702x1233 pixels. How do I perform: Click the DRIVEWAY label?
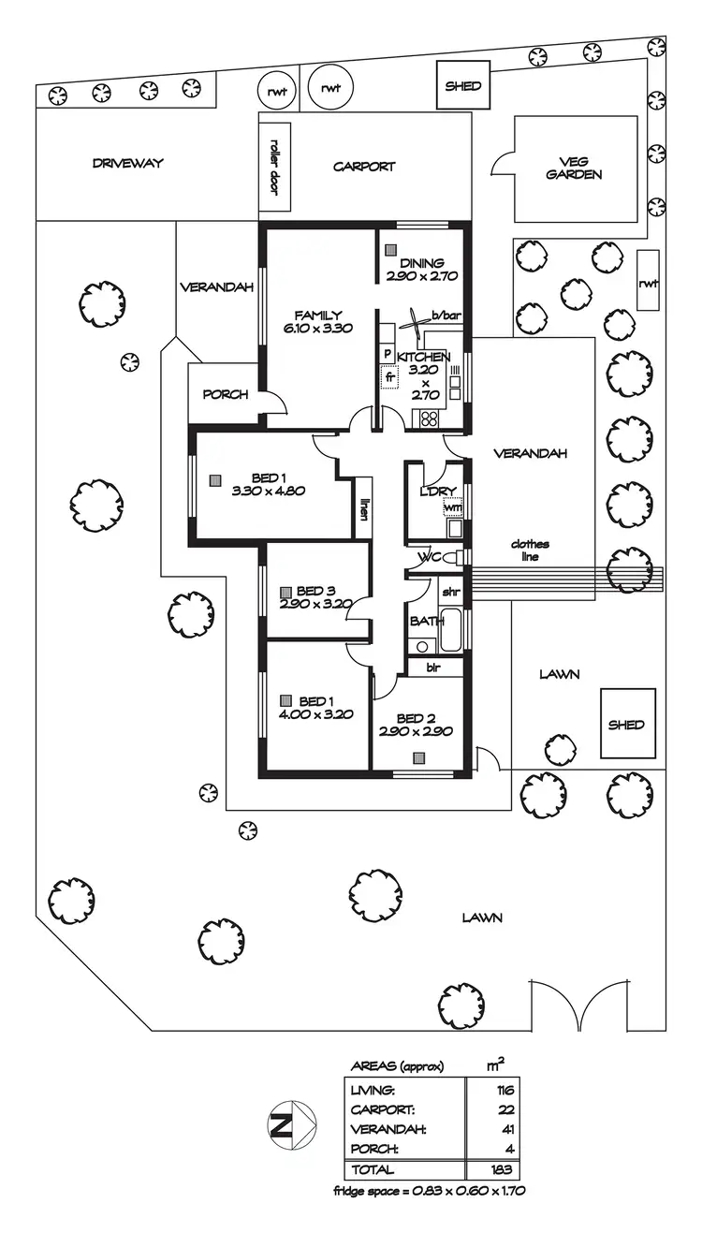point(128,163)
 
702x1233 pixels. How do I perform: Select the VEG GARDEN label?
point(574,168)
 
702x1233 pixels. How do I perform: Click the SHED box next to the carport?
point(462,86)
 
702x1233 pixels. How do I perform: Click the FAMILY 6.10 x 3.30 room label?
point(318,321)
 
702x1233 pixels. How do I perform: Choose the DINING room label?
point(421,270)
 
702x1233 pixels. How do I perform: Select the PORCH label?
point(226,394)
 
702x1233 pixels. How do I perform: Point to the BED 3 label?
point(315,597)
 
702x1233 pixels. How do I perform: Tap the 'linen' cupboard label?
point(363,507)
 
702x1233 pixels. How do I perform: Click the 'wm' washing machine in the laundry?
point(453,507)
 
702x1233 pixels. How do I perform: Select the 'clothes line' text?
point(530,550)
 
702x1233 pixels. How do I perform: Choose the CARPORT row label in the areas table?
point(382,1109)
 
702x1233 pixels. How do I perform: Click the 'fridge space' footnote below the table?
point(434,1192)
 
